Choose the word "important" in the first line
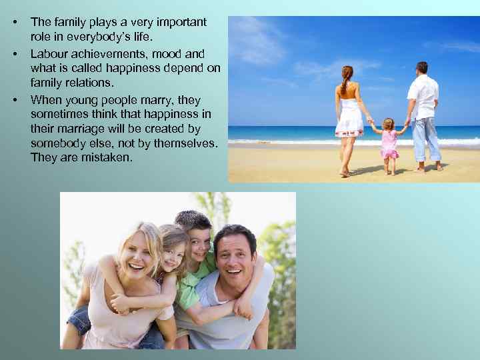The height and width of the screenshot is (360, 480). (x=180, y=23)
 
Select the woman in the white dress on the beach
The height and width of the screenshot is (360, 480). (x=348, y=113)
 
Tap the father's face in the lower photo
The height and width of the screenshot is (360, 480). (x=234, y=253)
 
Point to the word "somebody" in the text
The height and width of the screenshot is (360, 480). (x=57, y=143)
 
